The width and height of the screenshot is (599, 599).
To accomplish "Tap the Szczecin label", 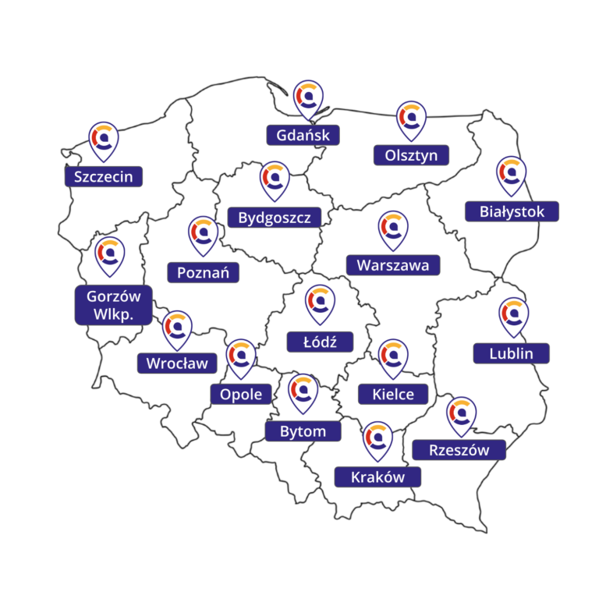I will (104, 176).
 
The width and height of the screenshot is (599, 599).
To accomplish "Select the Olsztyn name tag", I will (411, 155).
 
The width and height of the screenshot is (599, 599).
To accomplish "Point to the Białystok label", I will (512, 211).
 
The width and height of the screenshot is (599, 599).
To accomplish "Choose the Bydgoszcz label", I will (275, 216).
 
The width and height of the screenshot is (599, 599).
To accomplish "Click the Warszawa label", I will (393, 264).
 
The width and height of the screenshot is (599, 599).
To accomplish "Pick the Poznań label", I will (203, 272).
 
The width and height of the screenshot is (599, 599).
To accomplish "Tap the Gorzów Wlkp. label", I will (114, 305).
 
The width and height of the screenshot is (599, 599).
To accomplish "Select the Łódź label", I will (320, 341).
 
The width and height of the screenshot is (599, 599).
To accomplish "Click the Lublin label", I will (512, 353).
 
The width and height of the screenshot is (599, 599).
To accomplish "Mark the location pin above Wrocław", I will (177, 328).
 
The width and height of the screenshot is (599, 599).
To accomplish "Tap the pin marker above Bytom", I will (303, 392).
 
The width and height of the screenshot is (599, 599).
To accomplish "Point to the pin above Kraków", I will (378, 439).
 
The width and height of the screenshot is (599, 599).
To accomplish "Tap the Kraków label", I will (377, 477).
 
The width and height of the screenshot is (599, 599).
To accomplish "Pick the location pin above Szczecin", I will (104, 140).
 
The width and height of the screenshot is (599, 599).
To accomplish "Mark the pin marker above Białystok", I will (512, 175).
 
